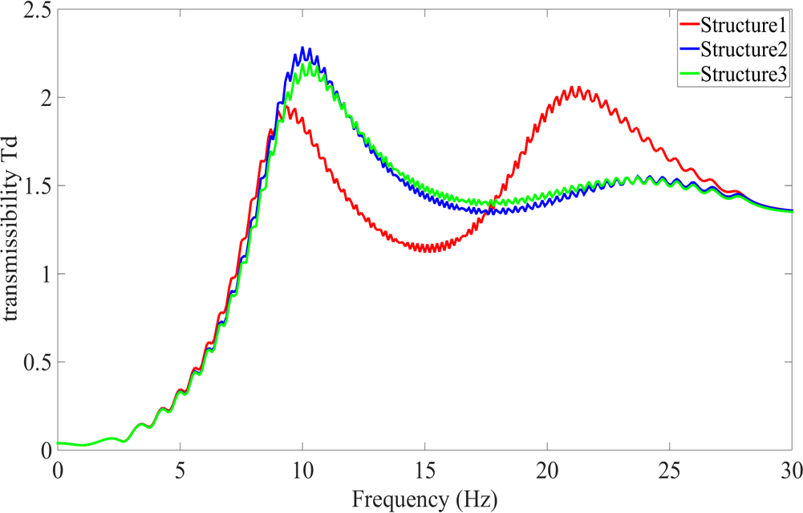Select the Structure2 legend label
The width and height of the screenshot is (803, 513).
coord(743,49)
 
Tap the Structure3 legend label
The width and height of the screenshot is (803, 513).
coord(743,75)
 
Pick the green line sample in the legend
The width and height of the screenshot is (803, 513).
coord(688,75)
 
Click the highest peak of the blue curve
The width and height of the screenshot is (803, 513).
coord(302,48)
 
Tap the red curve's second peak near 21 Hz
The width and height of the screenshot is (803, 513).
coord(574,87)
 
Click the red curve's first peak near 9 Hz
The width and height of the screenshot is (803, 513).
coord(285,107)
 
